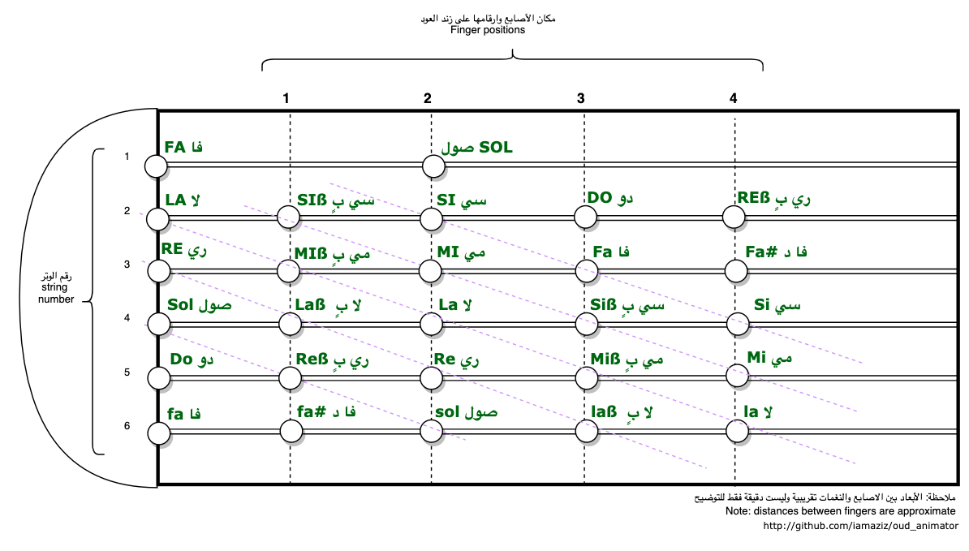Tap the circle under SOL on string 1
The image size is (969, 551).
[433, 167]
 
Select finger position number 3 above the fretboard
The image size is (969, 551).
[580, 99]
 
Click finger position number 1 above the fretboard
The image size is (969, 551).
[286, 99]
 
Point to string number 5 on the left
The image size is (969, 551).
[127, 372]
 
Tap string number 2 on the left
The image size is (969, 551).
[127, 211]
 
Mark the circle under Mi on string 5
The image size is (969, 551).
[736, 376]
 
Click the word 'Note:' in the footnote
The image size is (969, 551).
[739, 511]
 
